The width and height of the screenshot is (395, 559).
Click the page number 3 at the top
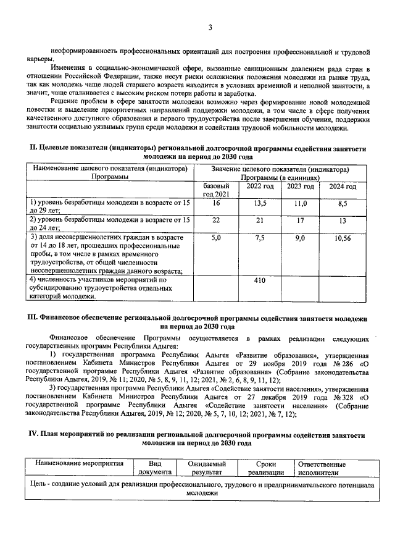point(210,27)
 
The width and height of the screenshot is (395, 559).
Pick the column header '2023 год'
point(301,186)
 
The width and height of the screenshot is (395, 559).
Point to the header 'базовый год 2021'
point(216,190)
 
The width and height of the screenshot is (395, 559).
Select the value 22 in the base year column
point(216,220)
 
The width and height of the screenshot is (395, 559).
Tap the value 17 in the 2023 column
point(301,220)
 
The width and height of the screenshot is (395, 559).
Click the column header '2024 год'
point(343,186)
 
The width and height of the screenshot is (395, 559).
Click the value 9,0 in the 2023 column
point(301,237)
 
